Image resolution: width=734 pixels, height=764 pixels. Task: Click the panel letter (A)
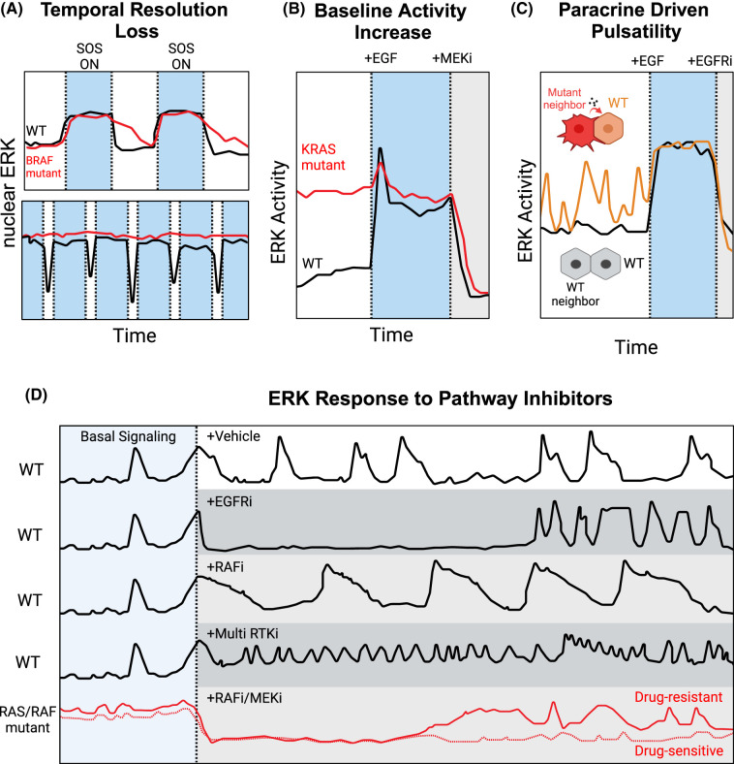click(12, 10)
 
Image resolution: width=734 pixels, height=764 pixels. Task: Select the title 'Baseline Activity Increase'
click(391, 21)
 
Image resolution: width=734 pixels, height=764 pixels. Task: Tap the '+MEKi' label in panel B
click(452, 58)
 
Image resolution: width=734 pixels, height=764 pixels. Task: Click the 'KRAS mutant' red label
click(322, 157)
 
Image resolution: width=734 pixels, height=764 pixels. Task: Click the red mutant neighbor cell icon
click(578, 129)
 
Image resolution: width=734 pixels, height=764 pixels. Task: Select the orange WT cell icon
click(608, 128)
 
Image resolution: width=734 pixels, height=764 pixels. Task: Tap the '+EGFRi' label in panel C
click(710, 61)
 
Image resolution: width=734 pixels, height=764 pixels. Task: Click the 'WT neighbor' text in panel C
click(575, 295)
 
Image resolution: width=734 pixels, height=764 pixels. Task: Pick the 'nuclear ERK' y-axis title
click(10, 193)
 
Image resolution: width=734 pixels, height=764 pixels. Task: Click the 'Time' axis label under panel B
click(391, 334)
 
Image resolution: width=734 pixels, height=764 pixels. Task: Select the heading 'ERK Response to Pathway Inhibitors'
click(440, 398)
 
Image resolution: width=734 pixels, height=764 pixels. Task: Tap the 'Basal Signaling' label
click(128, 436)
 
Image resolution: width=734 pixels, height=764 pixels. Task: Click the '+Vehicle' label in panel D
click(233, 436)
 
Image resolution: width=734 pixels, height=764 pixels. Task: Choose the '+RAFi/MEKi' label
click(244, 698)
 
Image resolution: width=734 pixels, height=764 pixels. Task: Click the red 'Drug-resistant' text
click(679, 697)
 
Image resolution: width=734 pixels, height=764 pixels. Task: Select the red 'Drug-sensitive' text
click(679, 750)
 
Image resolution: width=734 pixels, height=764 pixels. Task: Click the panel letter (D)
click(36, 396)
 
